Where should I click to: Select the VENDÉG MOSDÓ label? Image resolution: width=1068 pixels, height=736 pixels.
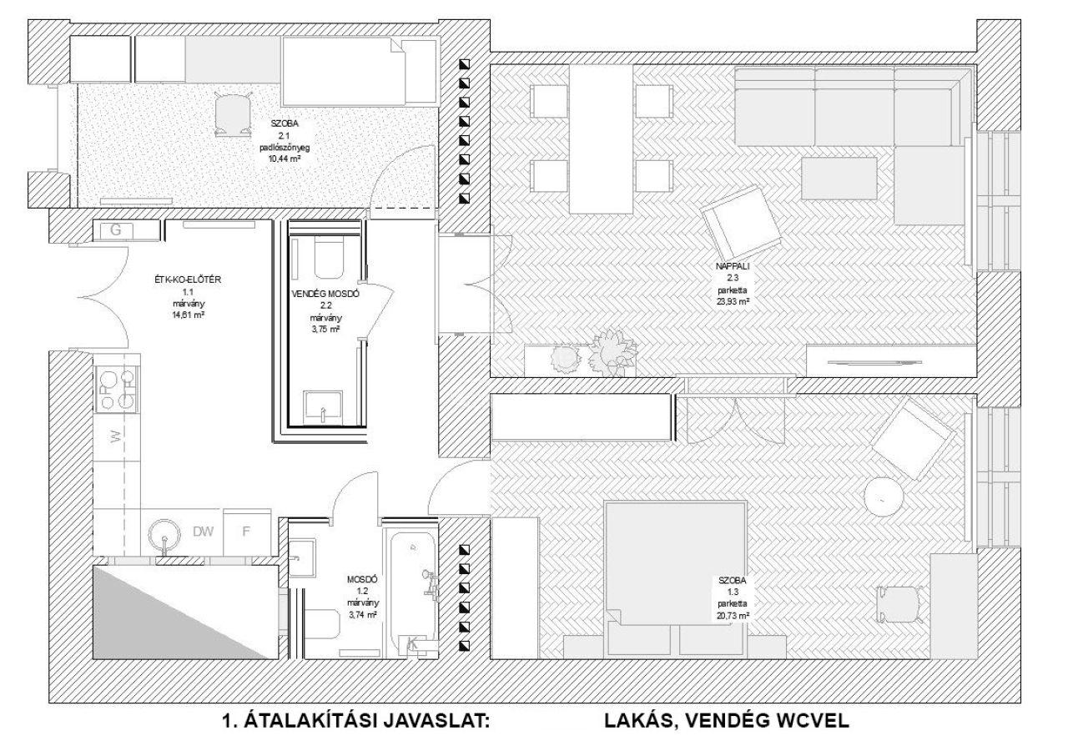[325, 294]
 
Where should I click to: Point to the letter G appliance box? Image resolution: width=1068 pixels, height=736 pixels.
[116, 229]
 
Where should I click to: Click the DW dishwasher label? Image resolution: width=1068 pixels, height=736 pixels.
[203, 531]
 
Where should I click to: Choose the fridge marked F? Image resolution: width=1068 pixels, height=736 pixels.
[246, 532]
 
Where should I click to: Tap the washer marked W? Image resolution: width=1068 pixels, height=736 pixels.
[117, 436]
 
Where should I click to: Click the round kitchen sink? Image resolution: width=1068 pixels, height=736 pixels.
[165, 535]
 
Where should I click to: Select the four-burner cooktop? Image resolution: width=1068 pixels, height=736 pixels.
[118, 389]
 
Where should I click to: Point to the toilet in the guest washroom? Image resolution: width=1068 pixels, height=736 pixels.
[329, 260]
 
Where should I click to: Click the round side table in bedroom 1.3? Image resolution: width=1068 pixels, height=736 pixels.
[884, 497]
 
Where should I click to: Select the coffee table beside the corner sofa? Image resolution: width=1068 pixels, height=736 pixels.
[839, 179]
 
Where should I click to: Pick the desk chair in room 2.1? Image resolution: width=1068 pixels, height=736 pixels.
[233, 114]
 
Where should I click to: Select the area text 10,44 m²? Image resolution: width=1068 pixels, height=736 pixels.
[285, 159]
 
